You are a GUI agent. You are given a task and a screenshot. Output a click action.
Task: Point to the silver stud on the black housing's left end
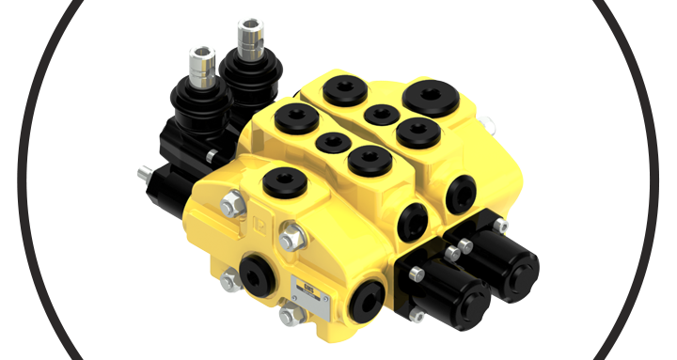click(x=145, y=174)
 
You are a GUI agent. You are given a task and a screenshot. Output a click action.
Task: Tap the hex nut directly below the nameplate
click(x=292, y=313)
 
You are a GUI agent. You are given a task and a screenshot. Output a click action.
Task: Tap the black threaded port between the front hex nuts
click(x=255, y=270)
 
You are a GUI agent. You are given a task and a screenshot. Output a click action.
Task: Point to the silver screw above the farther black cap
click(x=501, y=225)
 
